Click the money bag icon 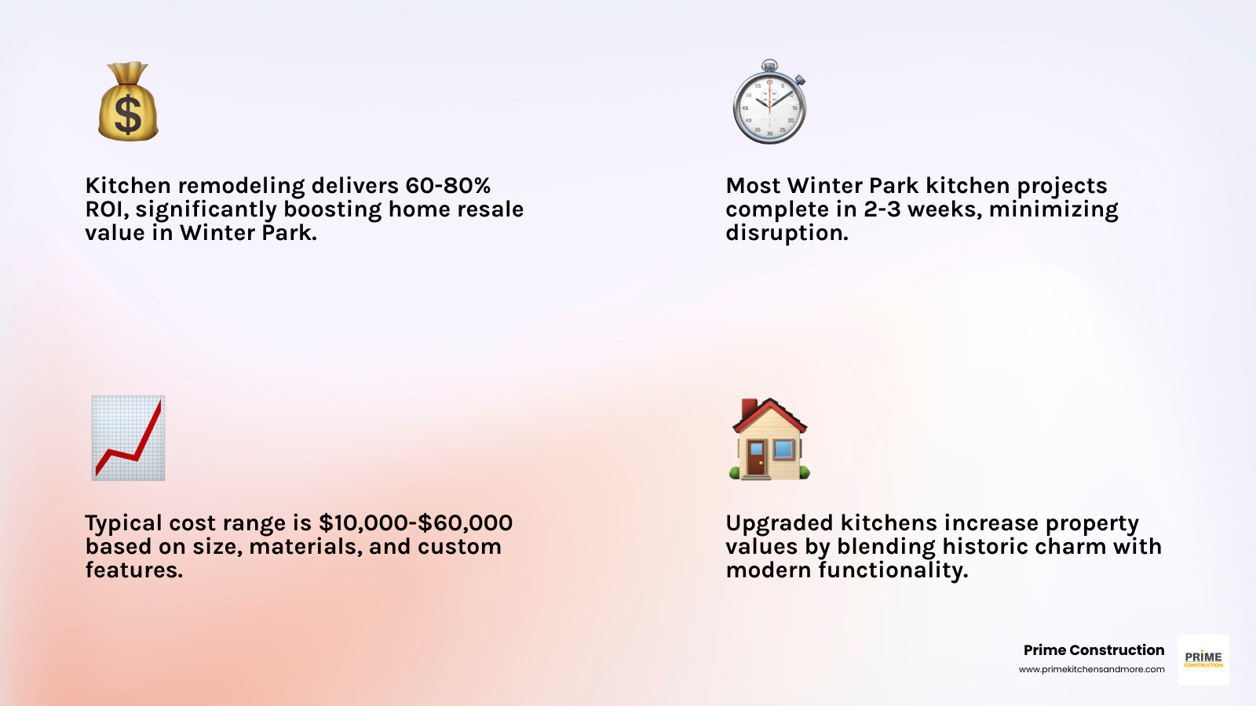coord(128,102)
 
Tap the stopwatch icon coord(769,104)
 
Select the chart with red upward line coord(128,438)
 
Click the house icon coord(769,439)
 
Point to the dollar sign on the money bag coord(128,114)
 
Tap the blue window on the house coord(783,449)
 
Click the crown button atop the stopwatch coord(769,65)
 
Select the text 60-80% coord(448,186)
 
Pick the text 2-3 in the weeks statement coord(882,209)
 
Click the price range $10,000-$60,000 coord(415,523)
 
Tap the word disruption coord(787,233)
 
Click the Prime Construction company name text coord(1094,650)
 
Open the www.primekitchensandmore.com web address coord(1091,669)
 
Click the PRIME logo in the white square coord(1203,659)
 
